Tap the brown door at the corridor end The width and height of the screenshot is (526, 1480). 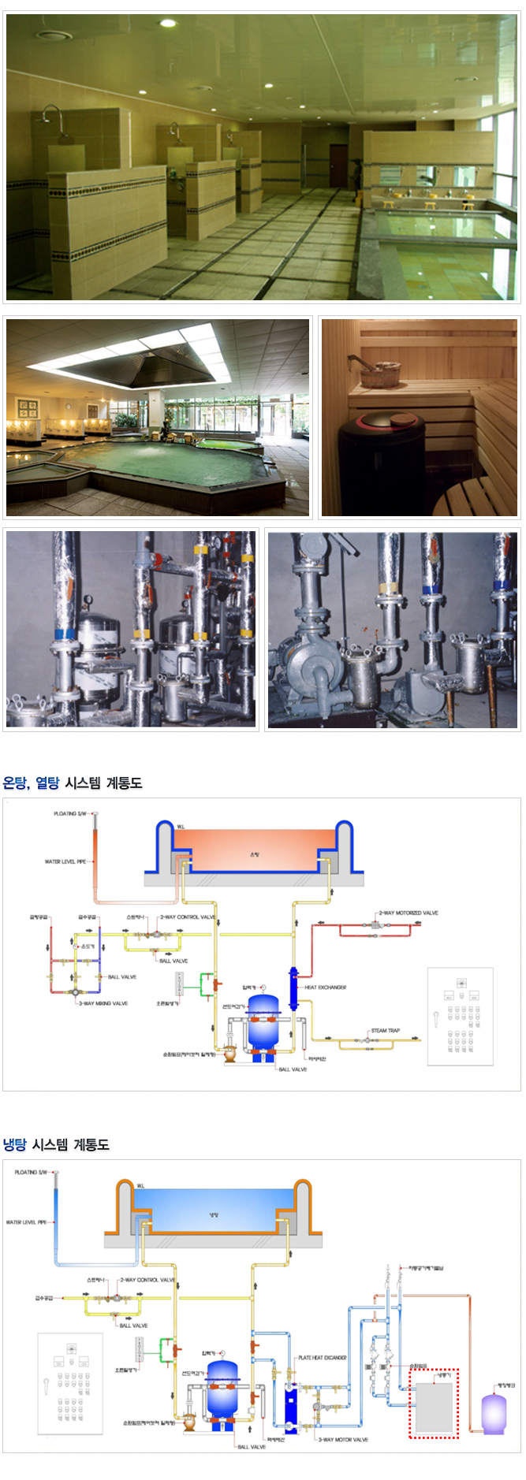point(338,165)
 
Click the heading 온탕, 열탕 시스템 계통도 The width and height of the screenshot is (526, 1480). point(73,783)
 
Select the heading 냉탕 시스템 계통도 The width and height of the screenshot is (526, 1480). point(56,1144)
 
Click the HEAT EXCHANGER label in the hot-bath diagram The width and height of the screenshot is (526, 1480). point(326,987)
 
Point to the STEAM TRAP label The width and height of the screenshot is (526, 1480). point(385,1030)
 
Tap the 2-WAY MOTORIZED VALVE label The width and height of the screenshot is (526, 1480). point(408,913)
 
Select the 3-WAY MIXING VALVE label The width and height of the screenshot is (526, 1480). point(103,1003)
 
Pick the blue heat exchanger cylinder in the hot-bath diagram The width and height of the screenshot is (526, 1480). point(293,989)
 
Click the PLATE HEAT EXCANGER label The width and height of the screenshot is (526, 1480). point(323,1358)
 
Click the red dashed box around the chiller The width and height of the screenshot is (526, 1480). point(433,1404)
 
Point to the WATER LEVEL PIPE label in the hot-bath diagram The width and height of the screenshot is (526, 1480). point(65,861)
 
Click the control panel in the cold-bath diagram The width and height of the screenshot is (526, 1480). point(71,1383)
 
